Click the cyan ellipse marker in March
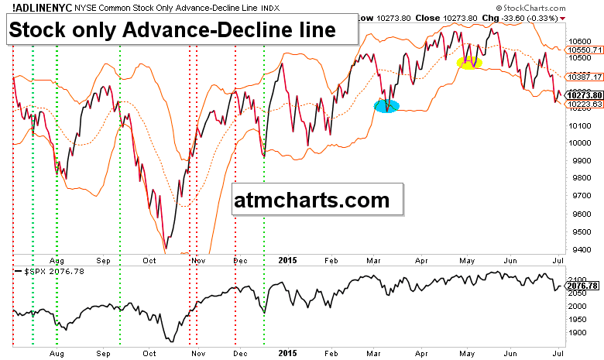[x=386, y=106]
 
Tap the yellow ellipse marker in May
[x=468, y=62]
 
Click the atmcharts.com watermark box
[x=319, y=201]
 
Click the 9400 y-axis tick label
[x=577, y=249]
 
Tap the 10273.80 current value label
[x=585, y=94]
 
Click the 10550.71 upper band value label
[x=585, y=49]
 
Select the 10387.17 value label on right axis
[x=585, y=77]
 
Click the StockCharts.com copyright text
[x=563, y=7]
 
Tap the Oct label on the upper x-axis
[x=149, y=262]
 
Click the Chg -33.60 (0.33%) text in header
[x=523, y=16]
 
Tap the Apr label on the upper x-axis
[x=424, y=262]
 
